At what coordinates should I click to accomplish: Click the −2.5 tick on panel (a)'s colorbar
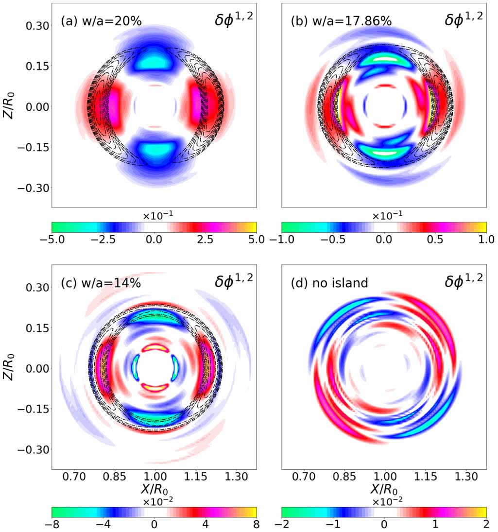pos(100,240)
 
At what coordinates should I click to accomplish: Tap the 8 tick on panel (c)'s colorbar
pos(256,524)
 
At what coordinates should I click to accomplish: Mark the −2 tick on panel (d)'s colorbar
pos(282,524)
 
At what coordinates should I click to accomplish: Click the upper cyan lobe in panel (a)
pos(154,63)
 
